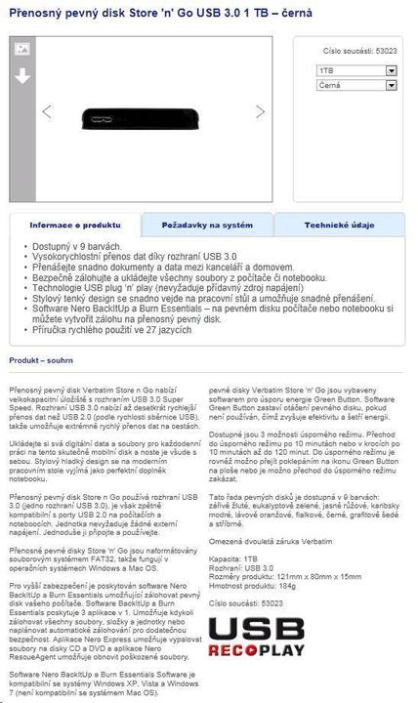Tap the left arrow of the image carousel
pos(47,111)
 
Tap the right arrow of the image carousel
pos(261,111)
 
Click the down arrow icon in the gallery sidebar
pos(21,76)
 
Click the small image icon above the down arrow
pos(21,48)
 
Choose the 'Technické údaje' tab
pos(339,225)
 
